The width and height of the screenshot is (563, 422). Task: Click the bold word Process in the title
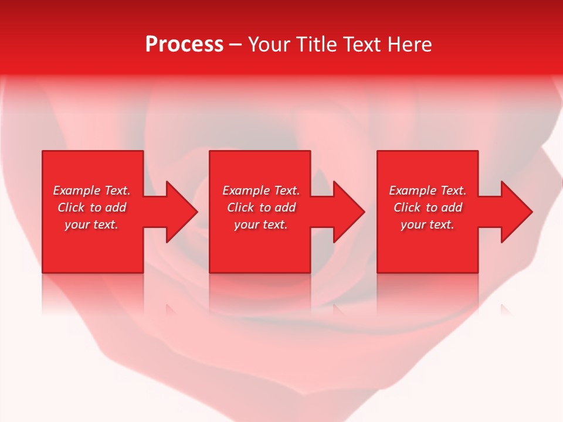click(x=184, y=45)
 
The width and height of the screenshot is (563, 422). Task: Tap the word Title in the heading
click(x=316, y=45)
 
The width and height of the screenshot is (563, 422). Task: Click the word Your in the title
click(x=270, y=45)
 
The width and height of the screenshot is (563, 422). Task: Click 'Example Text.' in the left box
click(x=91, y=190)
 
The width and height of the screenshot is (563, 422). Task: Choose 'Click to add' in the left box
click(x=91, y=207)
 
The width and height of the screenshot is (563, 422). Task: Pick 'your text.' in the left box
click(x=91, y=224)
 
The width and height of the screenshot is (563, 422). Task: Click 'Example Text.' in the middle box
click(x=261, y=190)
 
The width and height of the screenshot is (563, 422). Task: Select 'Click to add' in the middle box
click(x=261, y=207)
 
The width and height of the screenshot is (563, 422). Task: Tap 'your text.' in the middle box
click(x=261, y=224)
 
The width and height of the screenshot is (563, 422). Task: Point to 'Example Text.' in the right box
click(x=428, y=190)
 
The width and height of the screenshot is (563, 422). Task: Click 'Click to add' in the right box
click(x=428, y=207)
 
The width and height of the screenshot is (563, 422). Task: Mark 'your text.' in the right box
click(x=428, y=224)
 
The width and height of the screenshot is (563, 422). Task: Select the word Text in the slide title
click(x=360, y=45)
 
